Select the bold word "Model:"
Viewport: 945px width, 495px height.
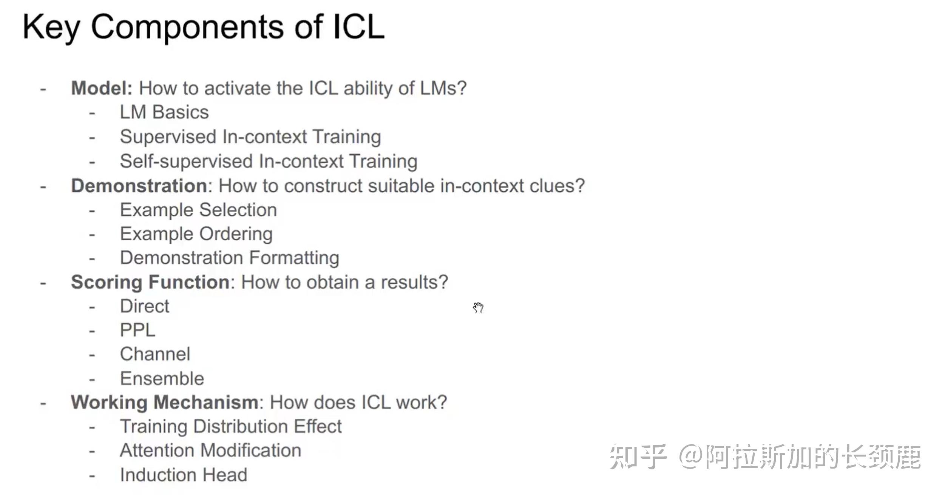coord(102,88)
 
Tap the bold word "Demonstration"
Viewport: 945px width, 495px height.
coord(139,186)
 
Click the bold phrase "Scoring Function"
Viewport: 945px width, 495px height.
coord(150,282)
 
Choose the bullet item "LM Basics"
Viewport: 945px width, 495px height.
coord(164,112)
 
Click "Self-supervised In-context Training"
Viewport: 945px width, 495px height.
coord(268,161)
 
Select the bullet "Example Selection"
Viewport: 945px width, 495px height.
coord(198,210)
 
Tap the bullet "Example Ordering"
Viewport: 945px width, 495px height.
coord(196,234)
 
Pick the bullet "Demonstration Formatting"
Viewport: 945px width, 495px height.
coord(229,258)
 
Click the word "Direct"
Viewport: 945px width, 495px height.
coord(144,306)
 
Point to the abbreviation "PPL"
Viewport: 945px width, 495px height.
coord(137,330)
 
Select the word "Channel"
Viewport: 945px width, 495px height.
coord(155,354)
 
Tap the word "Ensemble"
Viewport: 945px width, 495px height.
coord(162,379)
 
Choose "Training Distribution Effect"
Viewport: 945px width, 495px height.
coord(230,427)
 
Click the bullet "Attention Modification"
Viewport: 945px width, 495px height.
coord(210,450)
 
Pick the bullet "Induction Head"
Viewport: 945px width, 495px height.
coord(184,475)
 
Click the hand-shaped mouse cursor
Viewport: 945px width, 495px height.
coord(478,308)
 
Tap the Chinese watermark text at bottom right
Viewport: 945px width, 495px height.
coord(765,457)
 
